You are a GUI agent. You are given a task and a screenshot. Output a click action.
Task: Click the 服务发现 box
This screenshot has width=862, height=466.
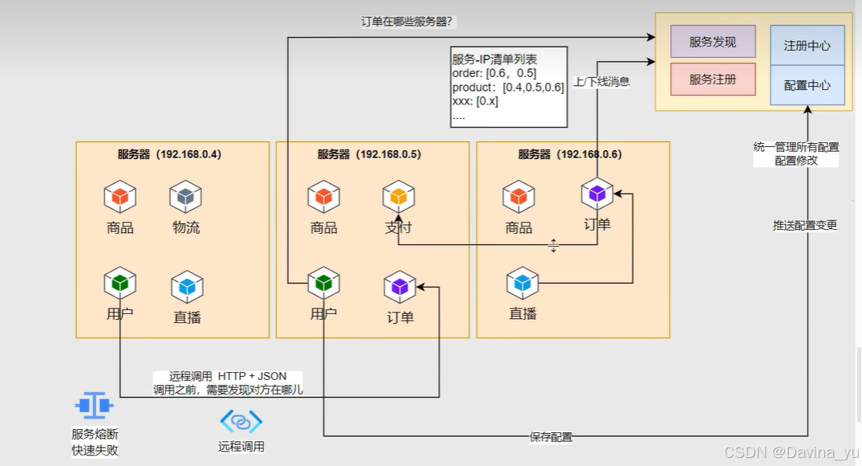[x=713, y=42]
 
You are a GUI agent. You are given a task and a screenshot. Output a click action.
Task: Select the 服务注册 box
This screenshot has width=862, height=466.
[x=713, y=80]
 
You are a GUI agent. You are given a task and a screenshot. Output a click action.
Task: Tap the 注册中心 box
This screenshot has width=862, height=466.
[x=807, y=46]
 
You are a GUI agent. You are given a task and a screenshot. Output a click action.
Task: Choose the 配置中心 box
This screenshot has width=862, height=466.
[x=807, y=85]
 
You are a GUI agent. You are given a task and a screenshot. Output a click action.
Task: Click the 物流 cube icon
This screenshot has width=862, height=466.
[x=185, y=197]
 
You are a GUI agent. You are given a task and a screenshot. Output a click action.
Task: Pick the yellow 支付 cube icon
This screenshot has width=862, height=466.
[x=399, y=197]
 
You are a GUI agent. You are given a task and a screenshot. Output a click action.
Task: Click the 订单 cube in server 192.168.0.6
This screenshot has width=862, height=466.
[x=597, y=194]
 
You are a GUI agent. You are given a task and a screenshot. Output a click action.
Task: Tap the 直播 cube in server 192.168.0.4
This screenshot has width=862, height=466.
[x=187, y=287]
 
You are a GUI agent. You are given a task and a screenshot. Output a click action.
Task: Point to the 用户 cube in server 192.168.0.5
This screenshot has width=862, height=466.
[x=324, y=283]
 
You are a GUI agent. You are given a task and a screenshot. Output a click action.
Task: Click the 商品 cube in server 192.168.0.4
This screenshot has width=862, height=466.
[x=120, y=197]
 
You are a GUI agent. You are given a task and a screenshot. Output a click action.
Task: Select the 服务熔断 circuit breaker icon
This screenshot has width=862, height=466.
[x=94, y=406]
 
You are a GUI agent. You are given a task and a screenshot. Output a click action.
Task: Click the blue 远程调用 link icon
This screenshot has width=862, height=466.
[x=241, y=421]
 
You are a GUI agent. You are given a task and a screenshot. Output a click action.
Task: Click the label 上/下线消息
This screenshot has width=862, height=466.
[x=602, y=81]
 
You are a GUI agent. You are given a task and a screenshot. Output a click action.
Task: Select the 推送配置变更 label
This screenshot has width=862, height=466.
[x=805, y=225]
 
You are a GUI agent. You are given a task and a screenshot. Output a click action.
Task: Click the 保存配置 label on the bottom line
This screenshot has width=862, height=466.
[x=551, y=437]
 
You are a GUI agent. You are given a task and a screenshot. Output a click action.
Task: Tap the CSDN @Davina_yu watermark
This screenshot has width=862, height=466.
[x=790, y=452]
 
